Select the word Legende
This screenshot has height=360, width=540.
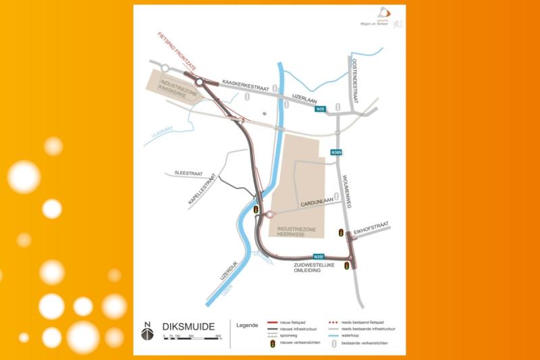[x=246, y=326]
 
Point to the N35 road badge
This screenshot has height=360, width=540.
[x=320, y=109]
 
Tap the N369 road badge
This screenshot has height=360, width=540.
[x=336, y=153]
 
